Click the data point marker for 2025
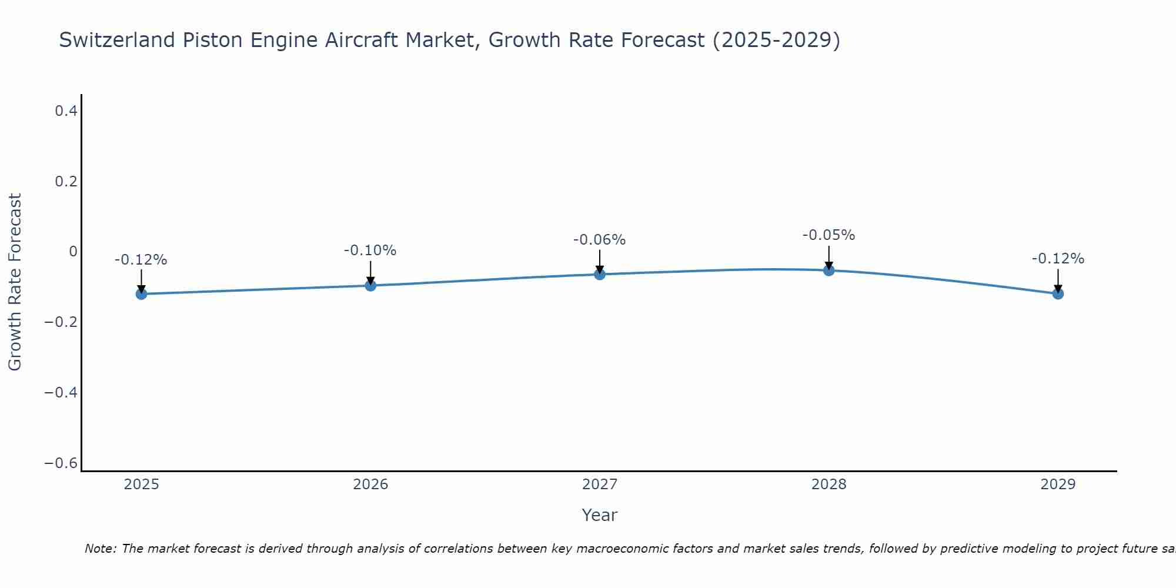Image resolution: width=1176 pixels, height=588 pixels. [141, 293]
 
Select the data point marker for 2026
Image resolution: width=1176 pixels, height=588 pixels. [370, 285]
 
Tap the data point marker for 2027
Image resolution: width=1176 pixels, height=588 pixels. [600, 274]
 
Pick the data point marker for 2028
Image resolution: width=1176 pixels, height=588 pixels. [828, 270]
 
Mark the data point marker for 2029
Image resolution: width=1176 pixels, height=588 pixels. [1058, 293]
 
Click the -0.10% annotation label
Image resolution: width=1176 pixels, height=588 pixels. [370, 250]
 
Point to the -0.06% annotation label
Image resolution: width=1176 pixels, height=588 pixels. [599, 240]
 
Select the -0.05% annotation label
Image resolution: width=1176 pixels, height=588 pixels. [828, 235]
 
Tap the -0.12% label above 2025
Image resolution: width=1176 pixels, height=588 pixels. [141, 260]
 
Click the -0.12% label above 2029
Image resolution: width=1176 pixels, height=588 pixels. [1058, 259]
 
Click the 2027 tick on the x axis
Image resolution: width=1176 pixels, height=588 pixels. [600, 485]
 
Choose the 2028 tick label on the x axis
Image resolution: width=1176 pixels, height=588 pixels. [828, 485]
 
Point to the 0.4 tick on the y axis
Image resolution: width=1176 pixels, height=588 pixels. [66, 111]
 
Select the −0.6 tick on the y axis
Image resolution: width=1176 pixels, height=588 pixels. [61, 463]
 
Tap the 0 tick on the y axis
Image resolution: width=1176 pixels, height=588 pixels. [73, 252]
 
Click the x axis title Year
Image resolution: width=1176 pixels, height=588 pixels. [599, 515]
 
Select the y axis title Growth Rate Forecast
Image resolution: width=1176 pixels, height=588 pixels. [15, 282]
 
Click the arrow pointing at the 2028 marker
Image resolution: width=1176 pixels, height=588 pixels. [828, 258]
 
